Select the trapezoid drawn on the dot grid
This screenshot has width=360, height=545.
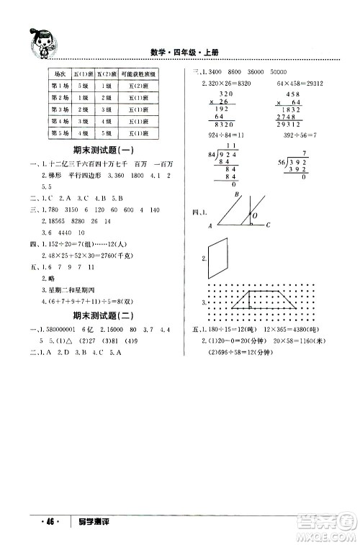(x=249, y=302)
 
